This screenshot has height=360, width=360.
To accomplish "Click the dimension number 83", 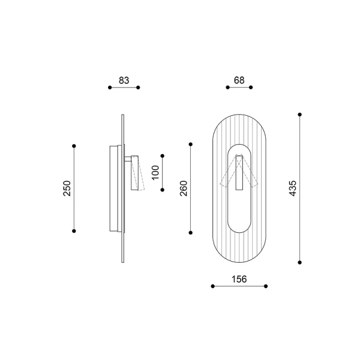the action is click(x=124, y=80).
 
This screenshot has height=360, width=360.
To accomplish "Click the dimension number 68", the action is click(x=239, y=80).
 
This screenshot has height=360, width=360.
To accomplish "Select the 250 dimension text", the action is click(x=67, y=188).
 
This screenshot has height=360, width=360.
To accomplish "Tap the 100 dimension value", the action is click(x=155, y=173).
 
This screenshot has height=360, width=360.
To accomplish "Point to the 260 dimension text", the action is click(x=184, y=188).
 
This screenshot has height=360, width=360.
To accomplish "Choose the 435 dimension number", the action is click(x=293, y=188).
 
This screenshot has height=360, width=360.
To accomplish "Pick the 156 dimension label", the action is click(x=239, y=279).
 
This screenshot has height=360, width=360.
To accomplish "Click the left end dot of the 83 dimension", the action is click(x=110, y=88).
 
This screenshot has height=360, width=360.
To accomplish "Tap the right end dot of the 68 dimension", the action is click(x=251, y=87).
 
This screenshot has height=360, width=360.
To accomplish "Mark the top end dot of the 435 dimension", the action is click(x=299, y=115).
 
